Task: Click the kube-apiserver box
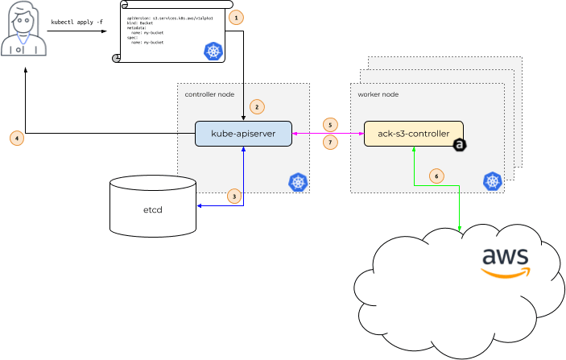click(243, 133)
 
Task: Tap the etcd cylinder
click(153, 209)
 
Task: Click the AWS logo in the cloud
click(505, 261)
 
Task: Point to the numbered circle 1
click(235, 17)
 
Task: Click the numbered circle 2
click(257, 106)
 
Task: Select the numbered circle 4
click(17, 138)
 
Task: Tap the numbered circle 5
click(329, 125)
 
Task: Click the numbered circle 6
click(436, 175)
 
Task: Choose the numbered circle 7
click(329, 143)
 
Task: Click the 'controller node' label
click(209, 94)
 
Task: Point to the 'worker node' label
click(378, 94)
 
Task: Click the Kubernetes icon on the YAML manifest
click(213, 52)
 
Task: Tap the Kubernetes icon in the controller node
click(299, 182)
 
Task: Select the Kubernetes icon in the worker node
click(493, 182)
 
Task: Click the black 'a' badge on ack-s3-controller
click(460, 145)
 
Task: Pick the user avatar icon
click(23, 32)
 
